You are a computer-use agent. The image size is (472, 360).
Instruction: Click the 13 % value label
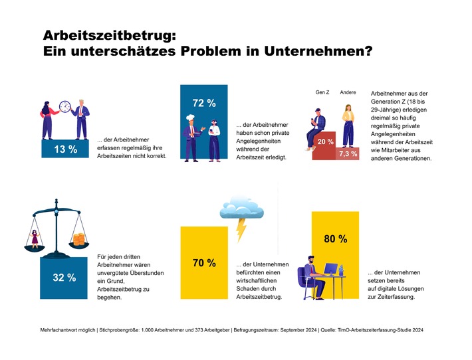click(x=64, y=149)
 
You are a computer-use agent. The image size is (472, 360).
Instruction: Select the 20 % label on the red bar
click(x=326, y=142)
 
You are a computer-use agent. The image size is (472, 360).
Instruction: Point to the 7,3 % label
click(x=348, y=153)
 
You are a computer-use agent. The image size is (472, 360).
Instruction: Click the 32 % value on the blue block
click(x=64, y=278)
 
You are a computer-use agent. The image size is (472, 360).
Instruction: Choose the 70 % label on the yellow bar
click(x=204, y=264)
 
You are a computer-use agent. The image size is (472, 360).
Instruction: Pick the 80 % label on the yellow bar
click(x=336, y=239)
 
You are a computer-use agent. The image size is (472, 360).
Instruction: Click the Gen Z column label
click(x=322, y=92)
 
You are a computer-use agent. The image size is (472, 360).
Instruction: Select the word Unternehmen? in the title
click(x=315, y=50)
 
